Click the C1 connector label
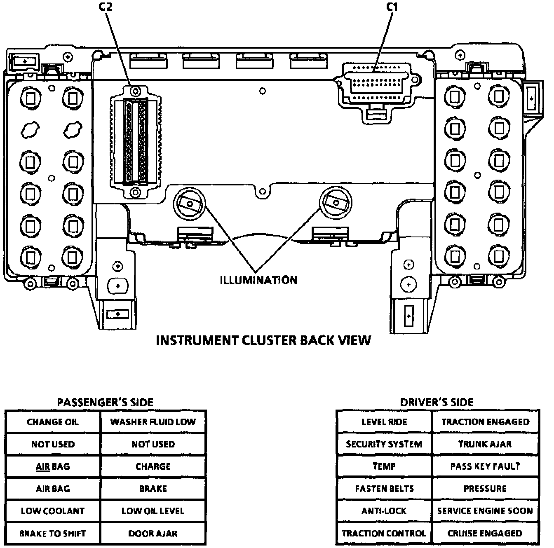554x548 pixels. coord(392,7)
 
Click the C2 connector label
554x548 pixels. coord(106,7)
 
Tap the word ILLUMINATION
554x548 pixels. coord(258,280)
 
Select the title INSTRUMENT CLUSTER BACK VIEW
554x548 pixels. coord(264,340)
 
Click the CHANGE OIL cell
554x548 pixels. coord(53,422)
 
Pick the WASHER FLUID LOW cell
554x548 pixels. coord(153,422)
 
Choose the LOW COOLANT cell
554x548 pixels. coord(53,511)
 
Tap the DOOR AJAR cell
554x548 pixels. coord(153,533)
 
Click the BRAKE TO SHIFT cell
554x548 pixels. coord(53,533)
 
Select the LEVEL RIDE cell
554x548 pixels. coord(384,422)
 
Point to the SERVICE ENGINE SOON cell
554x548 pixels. coord(485,511)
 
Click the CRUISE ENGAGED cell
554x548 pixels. coord(485,533)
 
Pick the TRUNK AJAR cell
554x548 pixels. coord(485,444)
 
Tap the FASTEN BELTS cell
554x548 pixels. coord(384,489)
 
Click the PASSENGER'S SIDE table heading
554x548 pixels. coord(105,402)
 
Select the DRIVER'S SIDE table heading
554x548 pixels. coord(437,402)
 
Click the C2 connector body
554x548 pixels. coord(136,142)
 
